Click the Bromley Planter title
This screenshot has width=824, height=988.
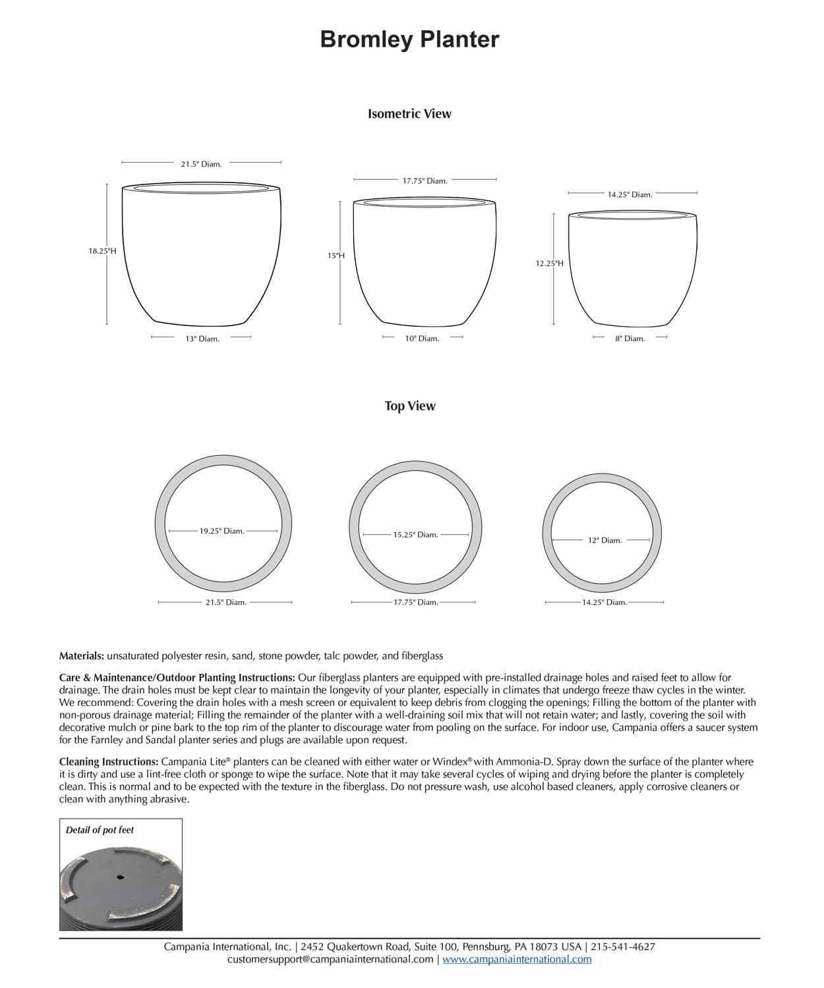click(409, 40)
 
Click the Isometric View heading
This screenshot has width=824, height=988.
click(409, 114)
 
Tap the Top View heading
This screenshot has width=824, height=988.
click(410, 406)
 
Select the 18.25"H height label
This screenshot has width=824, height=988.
click(102, 251)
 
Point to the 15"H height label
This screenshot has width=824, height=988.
click(336, 256)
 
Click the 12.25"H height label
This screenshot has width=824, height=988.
click(549, 263)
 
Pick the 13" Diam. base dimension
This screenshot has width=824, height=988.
click(202, 339)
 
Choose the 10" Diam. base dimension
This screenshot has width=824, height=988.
click(422, 339)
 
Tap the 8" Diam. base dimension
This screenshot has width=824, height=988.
click(630, 339)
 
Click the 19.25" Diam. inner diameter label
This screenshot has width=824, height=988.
click(222, 531)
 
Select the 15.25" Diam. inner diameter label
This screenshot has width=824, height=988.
click(415, 535)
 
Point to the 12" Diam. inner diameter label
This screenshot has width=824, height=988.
click(604, 541)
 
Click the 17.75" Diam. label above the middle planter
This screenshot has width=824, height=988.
click(425, 181)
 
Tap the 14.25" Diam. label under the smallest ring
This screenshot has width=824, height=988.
click(604, 603)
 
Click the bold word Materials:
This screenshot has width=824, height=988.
click(82, 656)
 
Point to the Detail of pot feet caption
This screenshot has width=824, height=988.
click(100, 830)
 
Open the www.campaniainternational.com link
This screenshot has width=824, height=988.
click(517, 960)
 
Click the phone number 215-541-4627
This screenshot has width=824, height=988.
click(623, 947)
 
